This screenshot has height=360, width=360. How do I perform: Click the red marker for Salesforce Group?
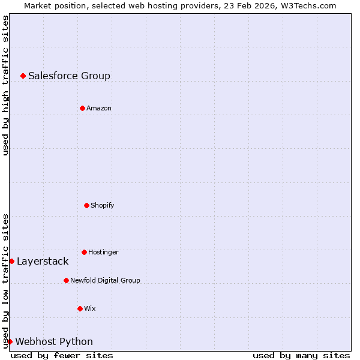[x=23, y=76]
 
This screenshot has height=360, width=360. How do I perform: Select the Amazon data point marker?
[x=82, y=108]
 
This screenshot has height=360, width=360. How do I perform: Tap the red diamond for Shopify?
[x=86, y=205]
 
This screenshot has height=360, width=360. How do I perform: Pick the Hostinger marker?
[x=84, y=252]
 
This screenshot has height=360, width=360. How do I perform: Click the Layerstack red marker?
[x=11, y=261]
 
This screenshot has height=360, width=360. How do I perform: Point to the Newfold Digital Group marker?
[x=66, y=280]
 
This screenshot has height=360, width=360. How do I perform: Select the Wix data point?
[x=80, y=308]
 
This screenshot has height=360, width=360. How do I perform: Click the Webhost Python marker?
[x=10, y=341]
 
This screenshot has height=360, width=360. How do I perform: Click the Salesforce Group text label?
[x=69, y=76]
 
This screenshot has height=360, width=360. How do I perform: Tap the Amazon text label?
[x=99, y=108]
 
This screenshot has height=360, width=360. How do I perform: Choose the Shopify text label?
[x=103, y=205]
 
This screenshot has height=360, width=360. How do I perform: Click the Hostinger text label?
[x=103, y=252]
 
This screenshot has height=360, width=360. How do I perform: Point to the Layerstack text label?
[x=43, y=261]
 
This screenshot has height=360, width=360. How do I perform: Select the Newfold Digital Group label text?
[x=105, y=280]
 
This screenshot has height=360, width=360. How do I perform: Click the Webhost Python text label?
[x=54, y=341]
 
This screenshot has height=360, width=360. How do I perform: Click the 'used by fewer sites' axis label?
[x=62, y=355]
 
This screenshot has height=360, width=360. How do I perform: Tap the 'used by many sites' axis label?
[x=301, y=355]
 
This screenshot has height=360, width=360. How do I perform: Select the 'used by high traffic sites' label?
[x=5, y=85]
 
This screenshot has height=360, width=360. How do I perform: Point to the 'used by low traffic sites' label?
[x=5, y=281]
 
